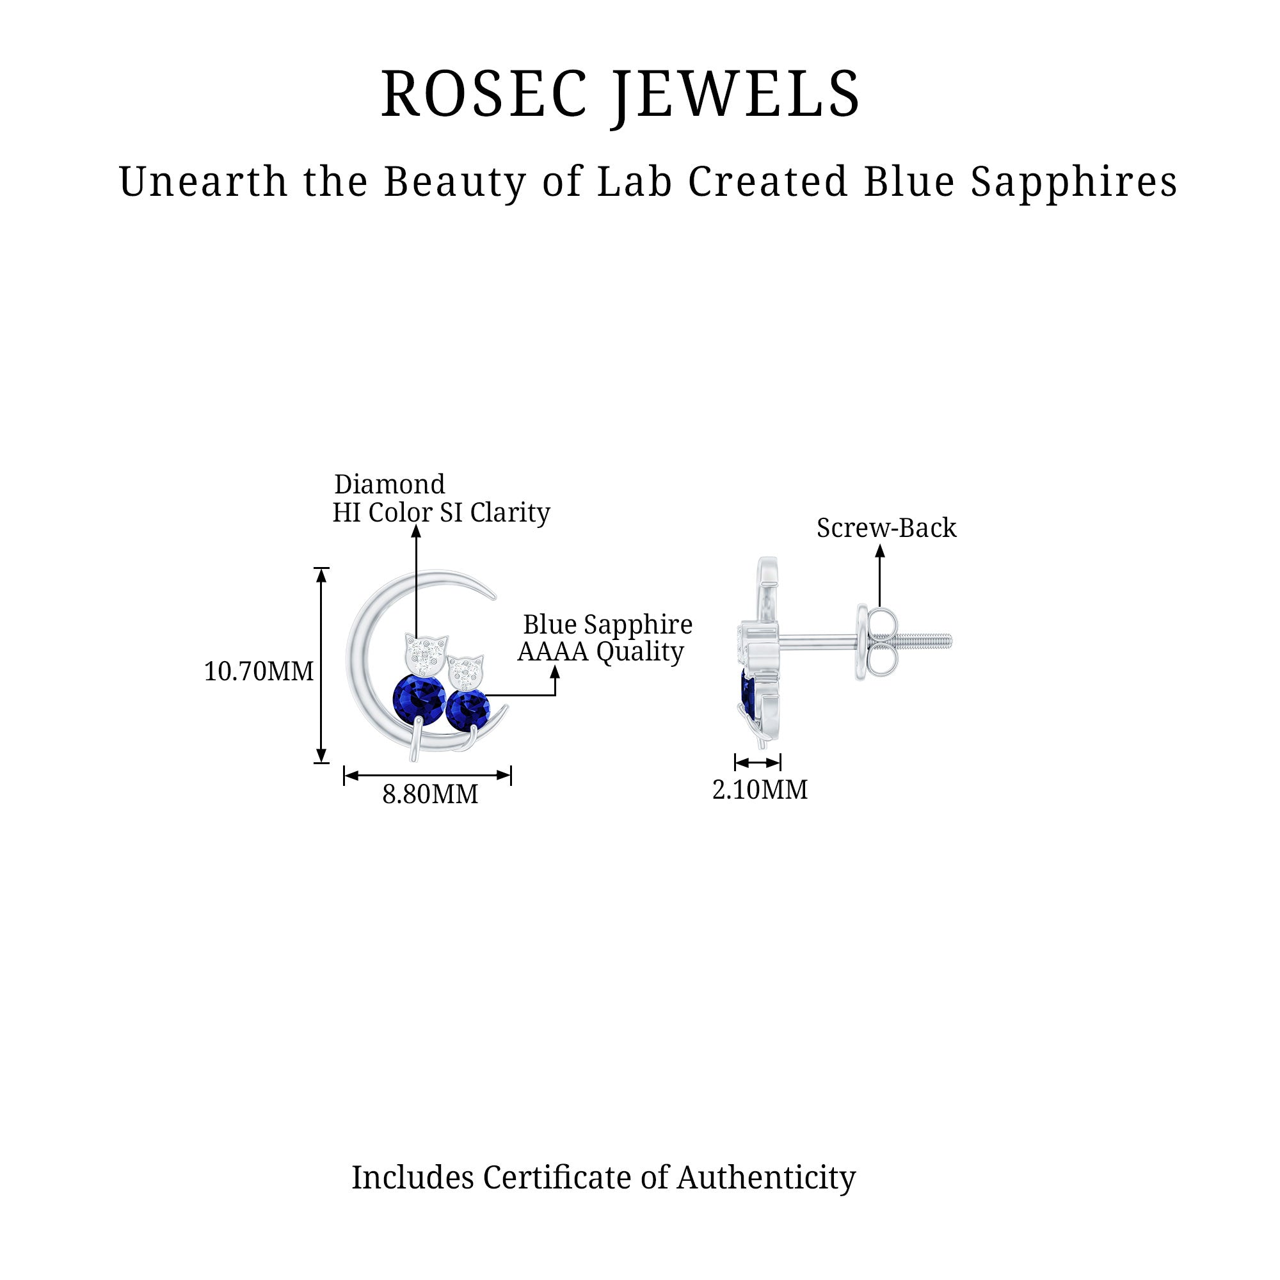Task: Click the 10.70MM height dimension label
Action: click(259, 672)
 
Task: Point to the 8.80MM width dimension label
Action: click(430, 794)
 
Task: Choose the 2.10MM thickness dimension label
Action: click(759, 790)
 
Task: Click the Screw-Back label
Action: click(886, 528)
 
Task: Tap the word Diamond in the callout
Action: click(390, 484)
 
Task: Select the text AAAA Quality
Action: click(600, 652)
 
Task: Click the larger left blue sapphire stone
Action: click(419, 698)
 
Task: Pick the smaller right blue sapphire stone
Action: click(467, 710)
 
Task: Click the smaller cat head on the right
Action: click(467, 673)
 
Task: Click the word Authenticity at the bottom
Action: click(766, 1178)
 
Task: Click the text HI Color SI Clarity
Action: click(441, 512)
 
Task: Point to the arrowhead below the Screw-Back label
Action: click(880, 550)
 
